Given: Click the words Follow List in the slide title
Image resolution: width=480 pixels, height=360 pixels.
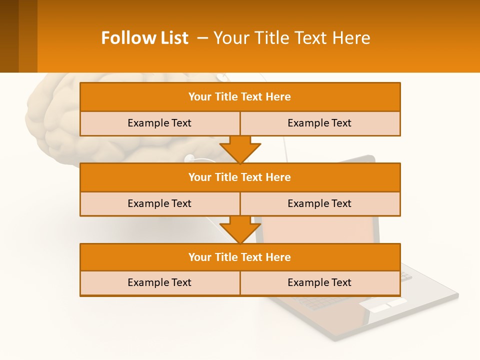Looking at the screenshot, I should click(x=144, y=38).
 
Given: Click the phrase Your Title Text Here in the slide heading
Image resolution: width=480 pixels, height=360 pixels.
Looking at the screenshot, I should click(x=292, y=38).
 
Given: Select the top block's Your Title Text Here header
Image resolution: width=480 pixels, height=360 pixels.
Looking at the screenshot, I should click(x=239, y=97).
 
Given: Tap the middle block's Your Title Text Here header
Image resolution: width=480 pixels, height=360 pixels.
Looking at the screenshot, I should click(x=239, y=177).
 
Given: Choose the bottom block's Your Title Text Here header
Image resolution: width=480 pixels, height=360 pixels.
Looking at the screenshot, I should click(x=239, y=257).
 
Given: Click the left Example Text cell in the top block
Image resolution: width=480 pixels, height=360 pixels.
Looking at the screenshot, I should click(x=159, y=123).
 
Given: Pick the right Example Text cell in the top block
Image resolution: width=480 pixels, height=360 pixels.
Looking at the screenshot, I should click(x=319, y=123).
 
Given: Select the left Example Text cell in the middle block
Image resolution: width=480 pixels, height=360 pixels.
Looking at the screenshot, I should click(x=159, y=203).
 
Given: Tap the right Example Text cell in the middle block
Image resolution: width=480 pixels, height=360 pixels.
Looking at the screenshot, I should click(x=319, y=203).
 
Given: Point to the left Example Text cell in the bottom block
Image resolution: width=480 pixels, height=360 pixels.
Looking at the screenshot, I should click(x=159, y=282).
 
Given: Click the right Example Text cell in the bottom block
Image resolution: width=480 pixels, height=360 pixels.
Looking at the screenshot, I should click(x=319, y=282).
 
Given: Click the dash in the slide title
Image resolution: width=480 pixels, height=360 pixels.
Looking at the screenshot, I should click(x=203, y=38).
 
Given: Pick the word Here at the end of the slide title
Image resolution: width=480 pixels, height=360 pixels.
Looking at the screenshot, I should click(x=352, y=38).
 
